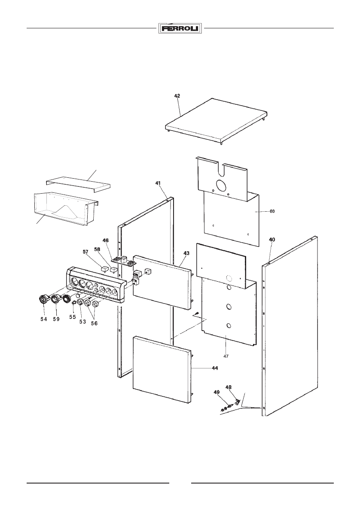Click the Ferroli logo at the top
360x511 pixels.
coord(180,29)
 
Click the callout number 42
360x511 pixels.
coord(177,97)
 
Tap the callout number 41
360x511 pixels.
coord(159,183)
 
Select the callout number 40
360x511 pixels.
coord(272,240)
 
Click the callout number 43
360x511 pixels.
coord(186,254)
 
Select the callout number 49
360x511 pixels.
coord(217,392)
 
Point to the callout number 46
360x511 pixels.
coord(106,240)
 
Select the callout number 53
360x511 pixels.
coord(82,321)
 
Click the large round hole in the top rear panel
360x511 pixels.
coord(223,185)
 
